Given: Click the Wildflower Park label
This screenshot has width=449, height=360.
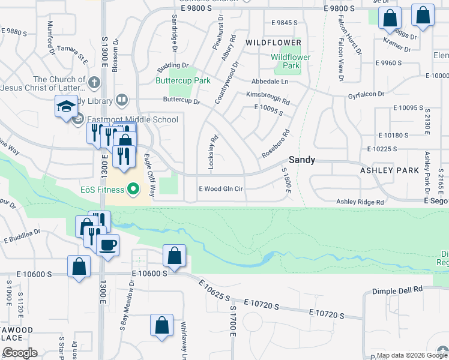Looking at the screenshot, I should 290,61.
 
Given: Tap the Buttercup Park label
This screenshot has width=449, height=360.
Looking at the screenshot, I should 183,80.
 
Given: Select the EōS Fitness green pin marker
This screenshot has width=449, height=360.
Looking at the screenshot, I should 134,190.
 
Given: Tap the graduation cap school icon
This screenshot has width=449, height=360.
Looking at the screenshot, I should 65,107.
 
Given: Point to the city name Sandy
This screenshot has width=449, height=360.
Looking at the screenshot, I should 302,160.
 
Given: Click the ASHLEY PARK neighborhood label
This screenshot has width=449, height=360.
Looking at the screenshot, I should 389,170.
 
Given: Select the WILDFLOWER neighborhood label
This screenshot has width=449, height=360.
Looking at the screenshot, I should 273,43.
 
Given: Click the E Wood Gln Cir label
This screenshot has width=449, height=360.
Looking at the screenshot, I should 221,188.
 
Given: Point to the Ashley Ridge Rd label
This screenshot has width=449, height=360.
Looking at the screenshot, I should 360,202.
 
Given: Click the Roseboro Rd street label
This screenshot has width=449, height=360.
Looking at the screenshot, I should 276,145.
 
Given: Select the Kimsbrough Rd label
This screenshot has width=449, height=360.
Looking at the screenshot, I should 268,95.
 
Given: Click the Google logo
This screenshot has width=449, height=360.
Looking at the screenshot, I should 19,353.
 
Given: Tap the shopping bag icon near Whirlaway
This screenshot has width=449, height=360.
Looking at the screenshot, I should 162,326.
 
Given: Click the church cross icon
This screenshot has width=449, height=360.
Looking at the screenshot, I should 94,82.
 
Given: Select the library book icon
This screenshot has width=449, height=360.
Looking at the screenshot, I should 122,99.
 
